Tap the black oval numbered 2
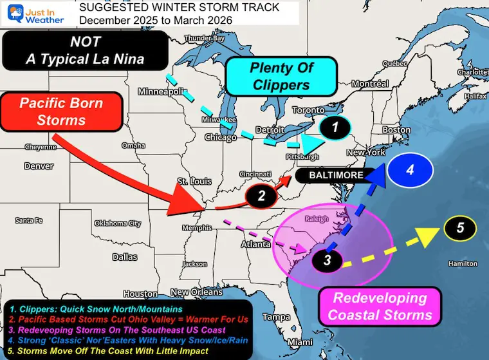click(261, 197)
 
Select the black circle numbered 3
click(328, 260)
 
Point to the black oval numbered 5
click(459, 227)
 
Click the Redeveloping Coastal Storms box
click(380, 307)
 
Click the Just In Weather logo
click(35, 14)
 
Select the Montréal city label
click(369, 84)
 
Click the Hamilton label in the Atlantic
click(463, 263)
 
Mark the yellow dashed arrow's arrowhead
click(427, 236)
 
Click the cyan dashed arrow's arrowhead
click(311, 143)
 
